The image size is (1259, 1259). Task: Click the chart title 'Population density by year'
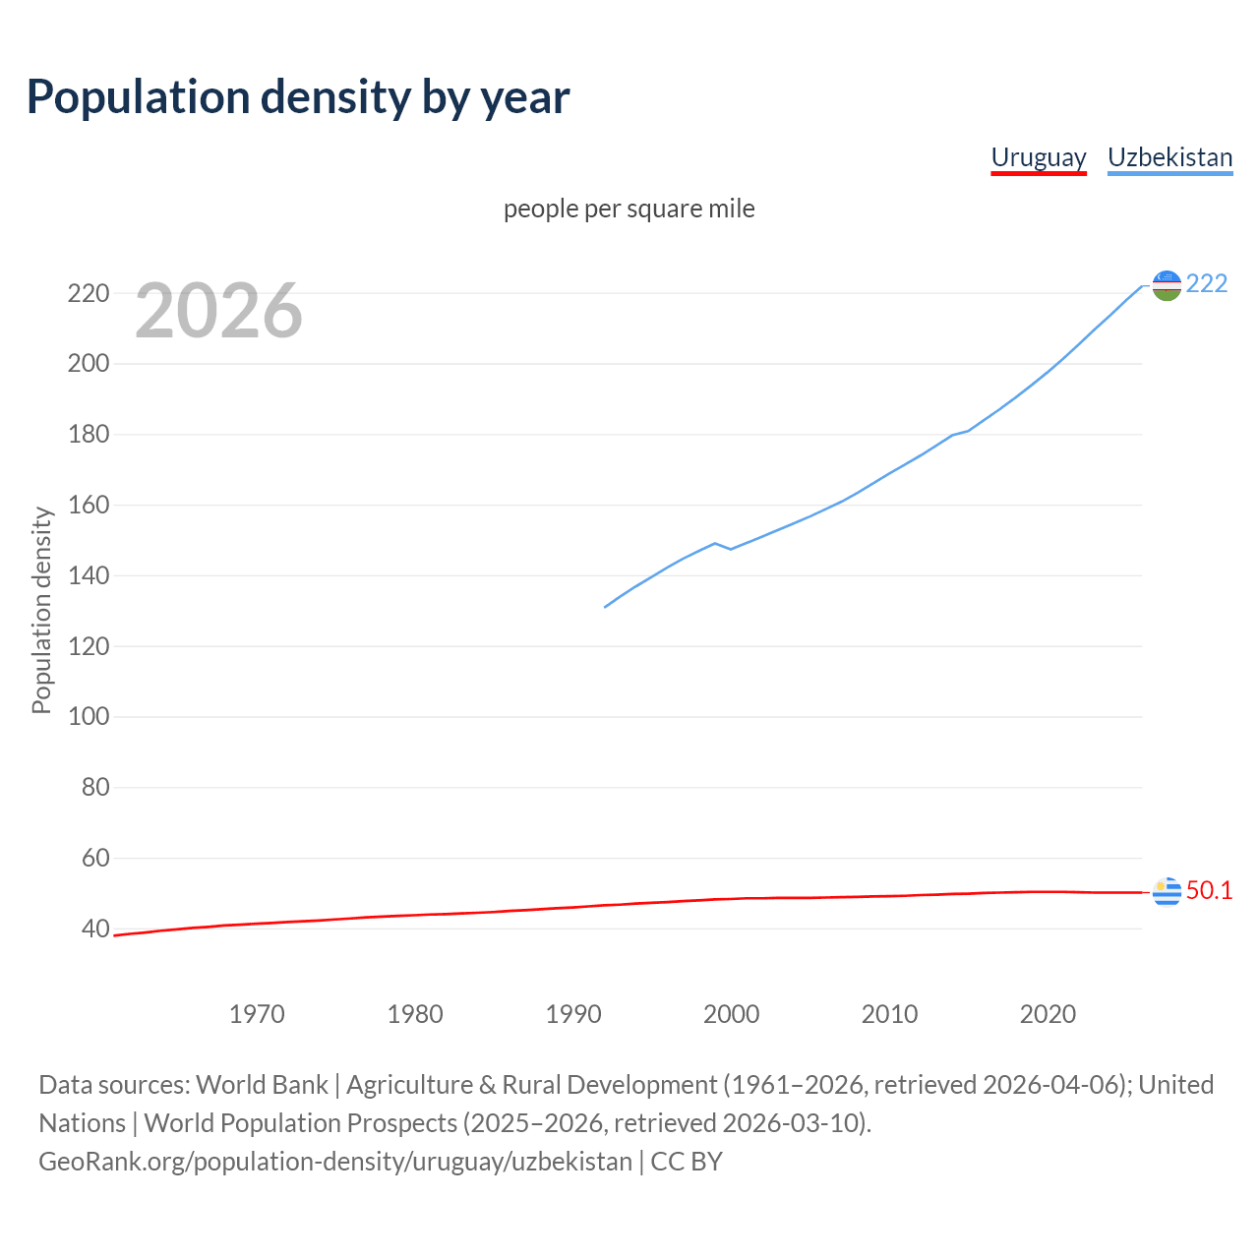pos(298,97)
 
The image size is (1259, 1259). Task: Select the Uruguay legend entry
pos(1038,157)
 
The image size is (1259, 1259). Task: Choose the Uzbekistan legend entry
pos(1169,157)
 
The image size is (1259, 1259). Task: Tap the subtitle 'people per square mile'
pos(629,209)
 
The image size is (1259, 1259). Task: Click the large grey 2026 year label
pos(218,311)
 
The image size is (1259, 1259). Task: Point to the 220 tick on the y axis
pos(89,293)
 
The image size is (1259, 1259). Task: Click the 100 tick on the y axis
pos(89,716)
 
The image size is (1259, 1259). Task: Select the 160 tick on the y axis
pos(89,505)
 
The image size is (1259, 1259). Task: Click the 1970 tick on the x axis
pos(257,1014)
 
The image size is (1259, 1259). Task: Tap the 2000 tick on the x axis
pos(731,1014)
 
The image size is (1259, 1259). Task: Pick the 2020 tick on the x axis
pos(1048,1014)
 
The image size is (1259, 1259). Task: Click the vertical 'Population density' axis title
pos(41,610)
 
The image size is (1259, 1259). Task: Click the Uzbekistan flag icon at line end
pos(1167,285)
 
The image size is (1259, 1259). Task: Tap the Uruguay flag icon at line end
pos(1167,891)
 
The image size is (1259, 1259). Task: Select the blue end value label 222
pos(1207,283)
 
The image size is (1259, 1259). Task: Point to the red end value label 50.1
pos(1209,890)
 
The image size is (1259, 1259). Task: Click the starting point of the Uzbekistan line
pos(605,607)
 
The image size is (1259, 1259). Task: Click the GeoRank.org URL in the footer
pos(335,1162)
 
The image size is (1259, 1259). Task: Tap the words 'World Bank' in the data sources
pos(262,1085)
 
